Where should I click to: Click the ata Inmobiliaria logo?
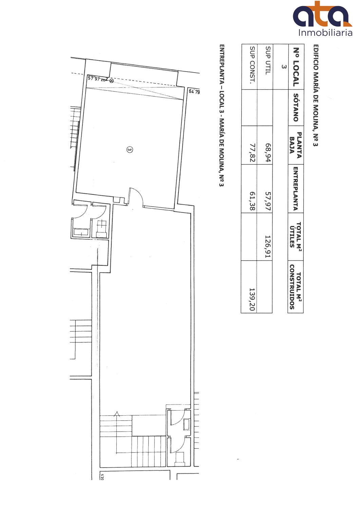[323, 19]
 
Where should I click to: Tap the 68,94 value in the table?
[268, 153]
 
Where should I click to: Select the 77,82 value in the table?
[252, 153]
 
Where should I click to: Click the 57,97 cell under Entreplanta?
[268, 201]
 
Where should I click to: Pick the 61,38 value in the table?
[252, 201]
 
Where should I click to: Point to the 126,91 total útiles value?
[268, 247]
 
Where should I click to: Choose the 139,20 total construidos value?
[252, 299]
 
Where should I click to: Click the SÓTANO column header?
[296, 108]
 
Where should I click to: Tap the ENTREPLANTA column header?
[296, 189]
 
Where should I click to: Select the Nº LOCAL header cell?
[296, 67]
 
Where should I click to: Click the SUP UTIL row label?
[268, 60]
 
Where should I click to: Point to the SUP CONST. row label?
[252, 65]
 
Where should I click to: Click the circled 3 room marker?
[129, 150]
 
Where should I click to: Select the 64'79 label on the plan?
[194, 92]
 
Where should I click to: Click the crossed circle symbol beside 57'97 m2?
[111, 81]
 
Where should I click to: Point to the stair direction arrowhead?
[117, 414]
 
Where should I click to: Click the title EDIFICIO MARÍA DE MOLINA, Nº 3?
[316, 95]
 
